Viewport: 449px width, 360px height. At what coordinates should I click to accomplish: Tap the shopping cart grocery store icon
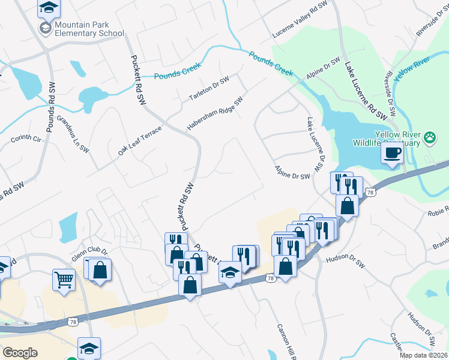pyautogui.click(x=64, y=279)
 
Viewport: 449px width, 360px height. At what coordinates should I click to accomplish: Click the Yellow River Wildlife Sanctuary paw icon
pyautogui.click(x=430, y=137)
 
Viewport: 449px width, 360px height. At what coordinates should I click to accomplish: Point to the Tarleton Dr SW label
pyautogui.click(x=209, y=89)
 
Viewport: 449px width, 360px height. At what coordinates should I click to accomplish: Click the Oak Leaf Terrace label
pyautogui.click(x=140, y=141)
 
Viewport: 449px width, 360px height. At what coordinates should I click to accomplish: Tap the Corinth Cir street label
pyautogui.click(x=25, y=139)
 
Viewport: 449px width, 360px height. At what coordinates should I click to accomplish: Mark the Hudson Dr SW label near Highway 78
pyautogui.click(x=345, y=259)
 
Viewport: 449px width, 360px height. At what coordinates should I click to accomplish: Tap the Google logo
pyautogui.click(x=20, y=353)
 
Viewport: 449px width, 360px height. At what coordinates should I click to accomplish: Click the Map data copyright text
pyautogui.click(x=424, y=355)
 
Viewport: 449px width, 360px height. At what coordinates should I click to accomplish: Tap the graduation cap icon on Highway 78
pyautogui.click(x=229, y=274)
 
